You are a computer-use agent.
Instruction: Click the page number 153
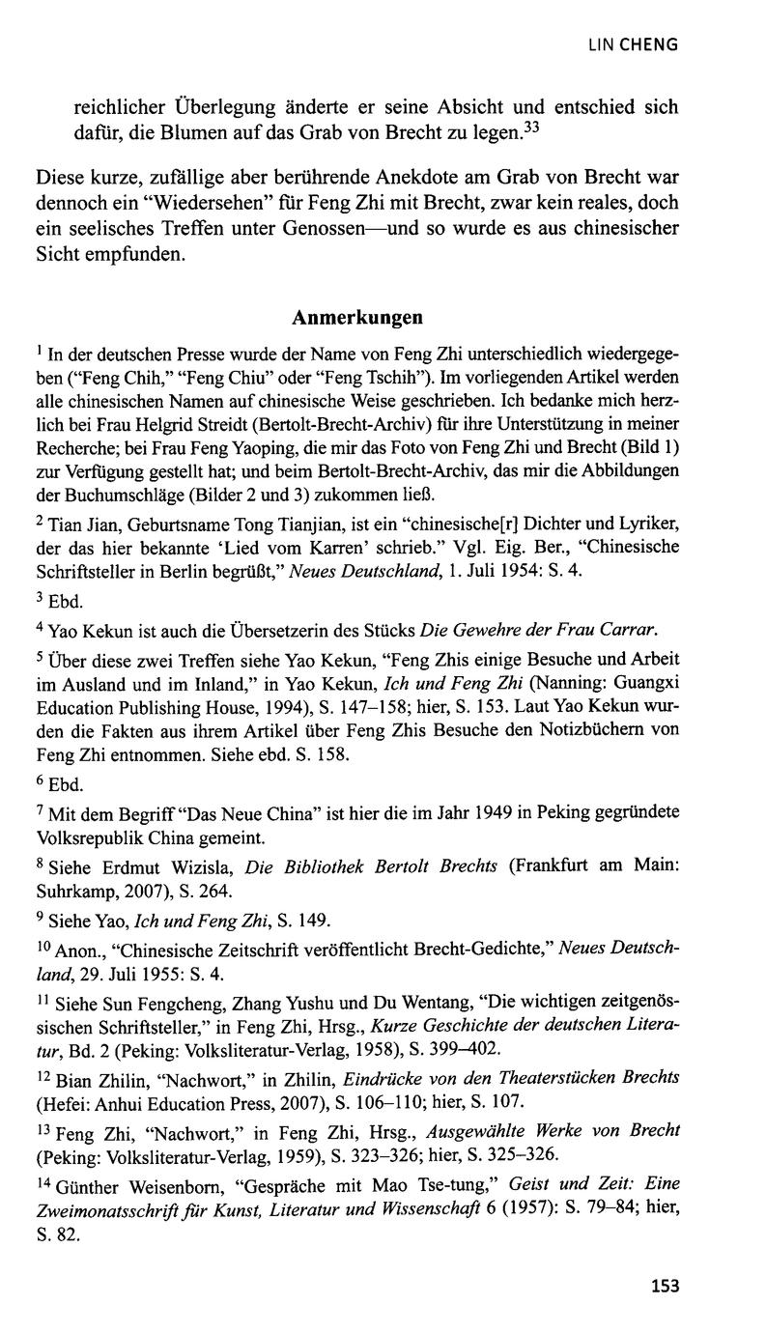pos(665,1285)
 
